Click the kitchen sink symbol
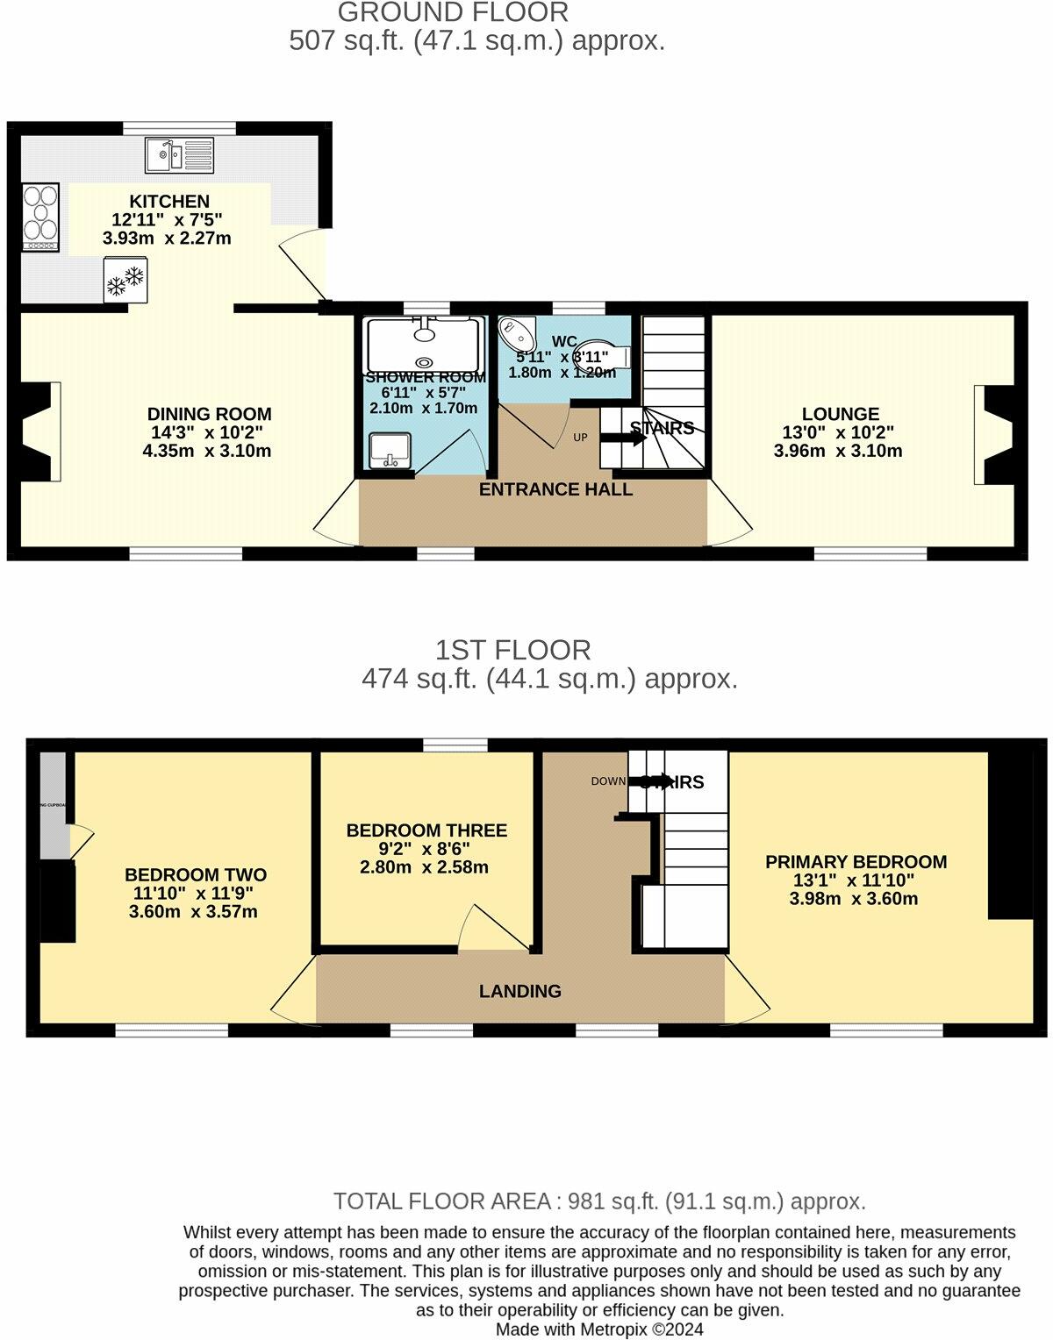pyautogui.click(x=179, y=155)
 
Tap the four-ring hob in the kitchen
pyautogui.click(x=40, y=215)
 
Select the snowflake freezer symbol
pyautogui.click(x=125, y=280)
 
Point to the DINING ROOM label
pyautogui.click(x=209, y=414)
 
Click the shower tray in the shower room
pyautogui.click(x=425, y=344)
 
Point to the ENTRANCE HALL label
pyautogui.click(x=555, y=489)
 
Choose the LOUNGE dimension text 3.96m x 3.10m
pyautogui.click(x=838, y=452)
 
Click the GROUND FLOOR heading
pyautogui.click(x=453, y=12)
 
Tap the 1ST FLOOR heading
pyautogui.click(x=513, y=650)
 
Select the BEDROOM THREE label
pyautogui.click(x=426, y=830)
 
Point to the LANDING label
pyautogui.click(x=520, y=991)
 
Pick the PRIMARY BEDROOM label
pyautogui.click(x=856, y=862)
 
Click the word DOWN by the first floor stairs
pyautogui.click(x=608, y=781)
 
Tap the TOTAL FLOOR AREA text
pyautogui.click(x=599, y=1201)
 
